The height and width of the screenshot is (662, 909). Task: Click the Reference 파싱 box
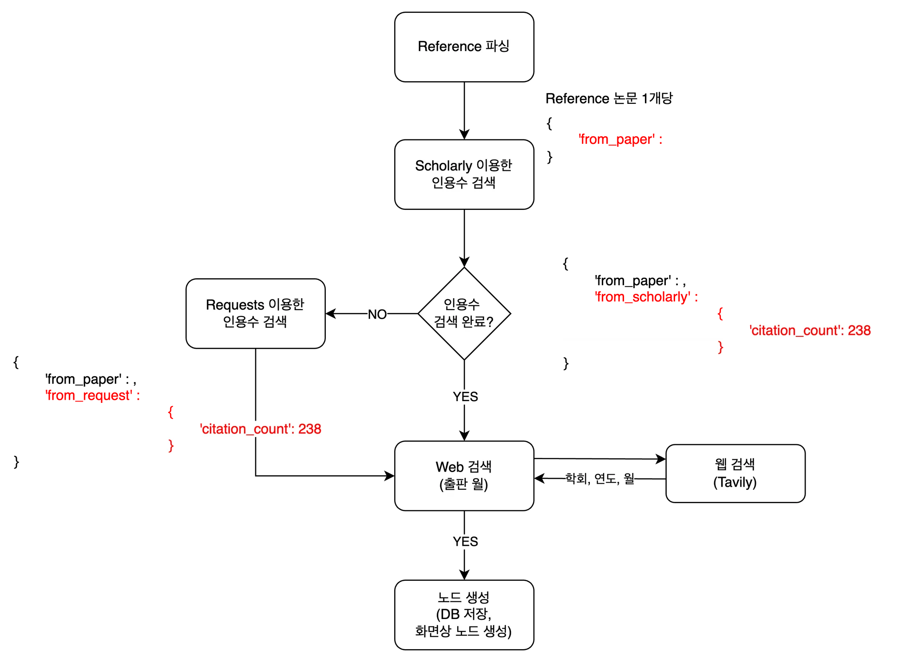[464, 47]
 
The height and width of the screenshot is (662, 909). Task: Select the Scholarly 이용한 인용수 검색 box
[464, 174]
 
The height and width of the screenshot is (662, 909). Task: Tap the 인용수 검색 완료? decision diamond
[464, 313]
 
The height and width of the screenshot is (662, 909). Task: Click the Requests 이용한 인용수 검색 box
[255, 313]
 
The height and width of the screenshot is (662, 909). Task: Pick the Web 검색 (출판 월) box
[464, 476]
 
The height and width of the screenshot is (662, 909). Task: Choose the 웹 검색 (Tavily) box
[735, 473]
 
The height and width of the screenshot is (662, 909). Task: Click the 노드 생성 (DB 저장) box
[464, 615]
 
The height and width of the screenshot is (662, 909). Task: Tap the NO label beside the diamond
[377, 315]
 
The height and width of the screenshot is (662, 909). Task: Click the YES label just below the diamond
[466, 397]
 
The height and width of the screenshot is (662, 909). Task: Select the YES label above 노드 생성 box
[466, 542]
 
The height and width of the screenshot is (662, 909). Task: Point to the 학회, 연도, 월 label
[599, 479]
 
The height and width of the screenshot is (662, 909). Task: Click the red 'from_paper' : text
[620, 140]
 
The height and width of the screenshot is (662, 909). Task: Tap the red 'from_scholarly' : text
[646, 297]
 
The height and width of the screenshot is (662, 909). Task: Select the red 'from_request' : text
[92, 395]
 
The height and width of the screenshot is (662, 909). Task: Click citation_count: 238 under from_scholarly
[810, 331]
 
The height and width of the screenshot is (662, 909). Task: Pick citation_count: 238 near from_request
[261, 429]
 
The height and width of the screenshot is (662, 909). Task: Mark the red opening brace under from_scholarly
[720, 314]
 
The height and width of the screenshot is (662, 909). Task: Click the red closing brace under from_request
[171, 445]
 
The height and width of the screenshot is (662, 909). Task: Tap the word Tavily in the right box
[735, 482]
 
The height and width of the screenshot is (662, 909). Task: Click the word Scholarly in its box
[443, 166]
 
